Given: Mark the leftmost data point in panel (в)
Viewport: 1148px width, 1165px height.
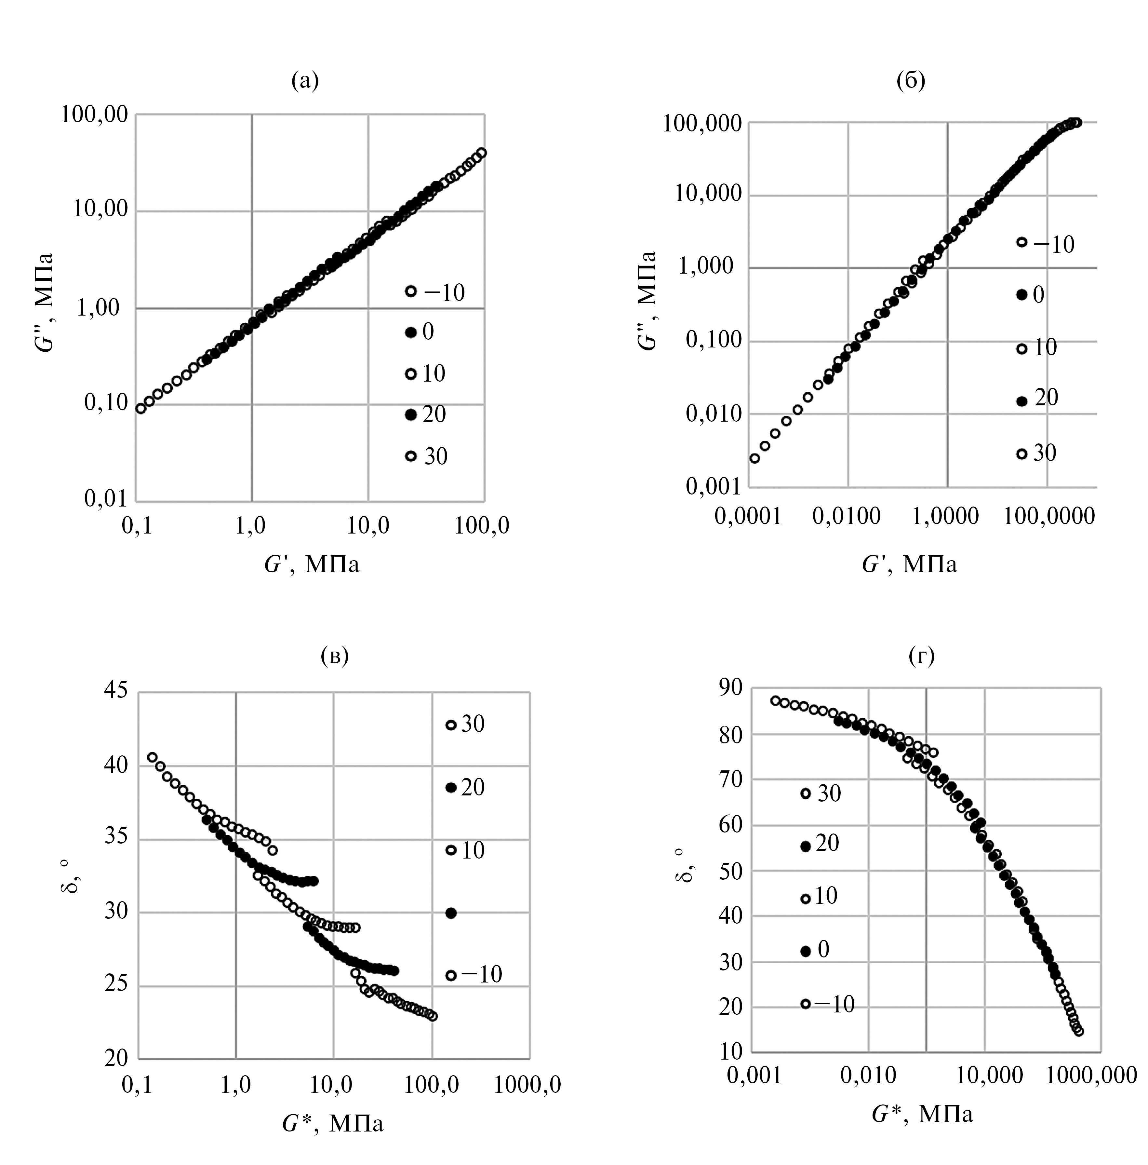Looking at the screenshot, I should [x=153, y=757].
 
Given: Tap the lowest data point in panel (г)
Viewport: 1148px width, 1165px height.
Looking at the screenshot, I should [x=1079, y=1031].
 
